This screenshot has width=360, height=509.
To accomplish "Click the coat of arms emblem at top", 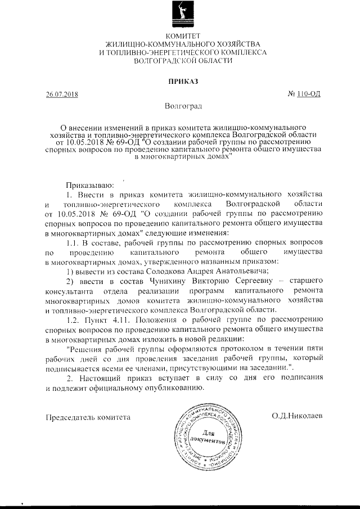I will pos(180,16).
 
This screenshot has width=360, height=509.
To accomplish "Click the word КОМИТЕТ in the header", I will pos(180,37).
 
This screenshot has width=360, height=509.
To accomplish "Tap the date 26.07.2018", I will pos(62,94).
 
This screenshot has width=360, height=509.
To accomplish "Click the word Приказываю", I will pos(90,183).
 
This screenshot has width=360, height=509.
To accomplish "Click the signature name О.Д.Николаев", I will pos(296,417).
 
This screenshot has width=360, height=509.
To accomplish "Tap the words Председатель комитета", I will pos(87,417).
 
